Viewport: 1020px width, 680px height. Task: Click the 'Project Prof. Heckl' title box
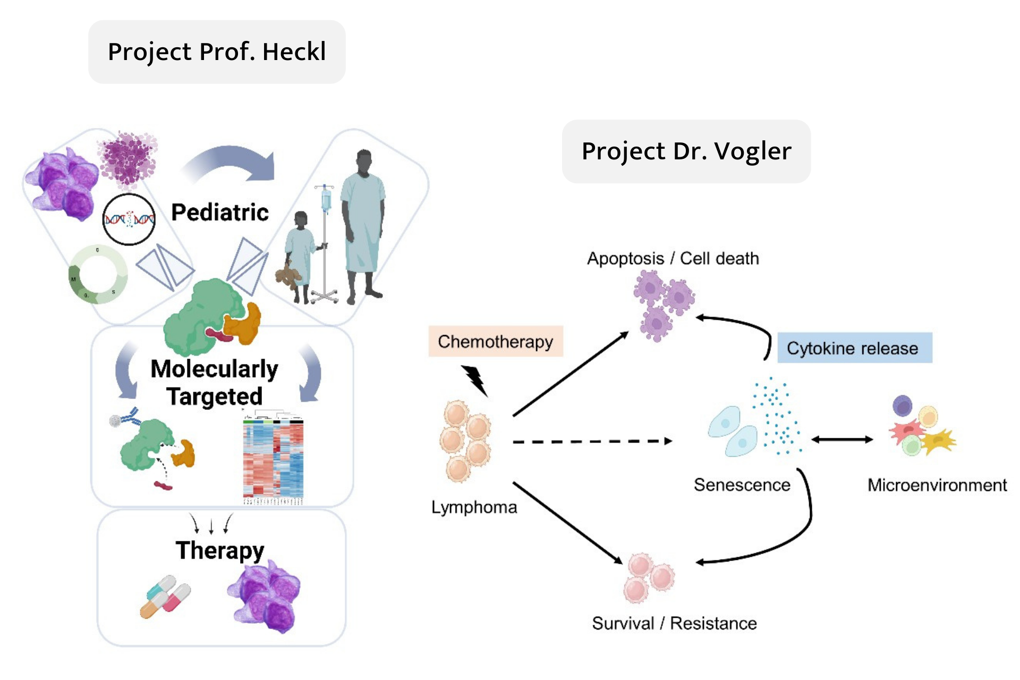coord(217,52)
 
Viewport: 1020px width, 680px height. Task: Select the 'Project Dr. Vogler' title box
coord(686,151)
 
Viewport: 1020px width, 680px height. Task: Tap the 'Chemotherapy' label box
coord(495,341)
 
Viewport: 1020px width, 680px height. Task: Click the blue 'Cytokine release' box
coord(854,348)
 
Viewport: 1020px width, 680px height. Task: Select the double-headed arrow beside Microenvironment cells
coord(842,439)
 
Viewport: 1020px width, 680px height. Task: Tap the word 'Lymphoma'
coord(474,507)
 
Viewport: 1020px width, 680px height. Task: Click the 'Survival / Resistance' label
coord(674,623)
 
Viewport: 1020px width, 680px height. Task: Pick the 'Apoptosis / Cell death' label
coord(673,259)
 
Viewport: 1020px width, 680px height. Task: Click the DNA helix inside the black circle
coord(129,219)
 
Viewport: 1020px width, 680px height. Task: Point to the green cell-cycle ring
coord(98,274)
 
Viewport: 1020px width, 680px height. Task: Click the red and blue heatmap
coord(273,458)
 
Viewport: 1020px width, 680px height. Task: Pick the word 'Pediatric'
coord(219,212)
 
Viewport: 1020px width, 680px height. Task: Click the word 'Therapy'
coord(219,550)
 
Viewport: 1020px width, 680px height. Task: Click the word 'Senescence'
coord(742,485)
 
